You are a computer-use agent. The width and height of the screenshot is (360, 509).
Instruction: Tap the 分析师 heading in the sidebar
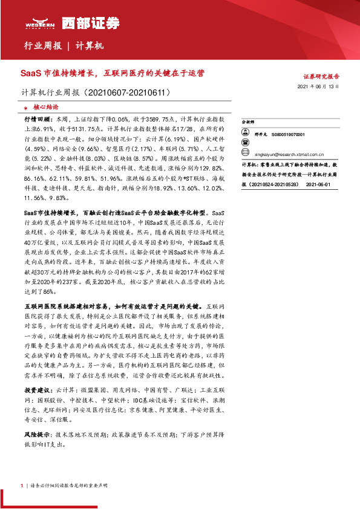pyautogui.click(x=249, y=121)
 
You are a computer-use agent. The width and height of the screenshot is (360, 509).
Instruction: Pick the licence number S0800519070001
pyautogui.click(x=288, y=135)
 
